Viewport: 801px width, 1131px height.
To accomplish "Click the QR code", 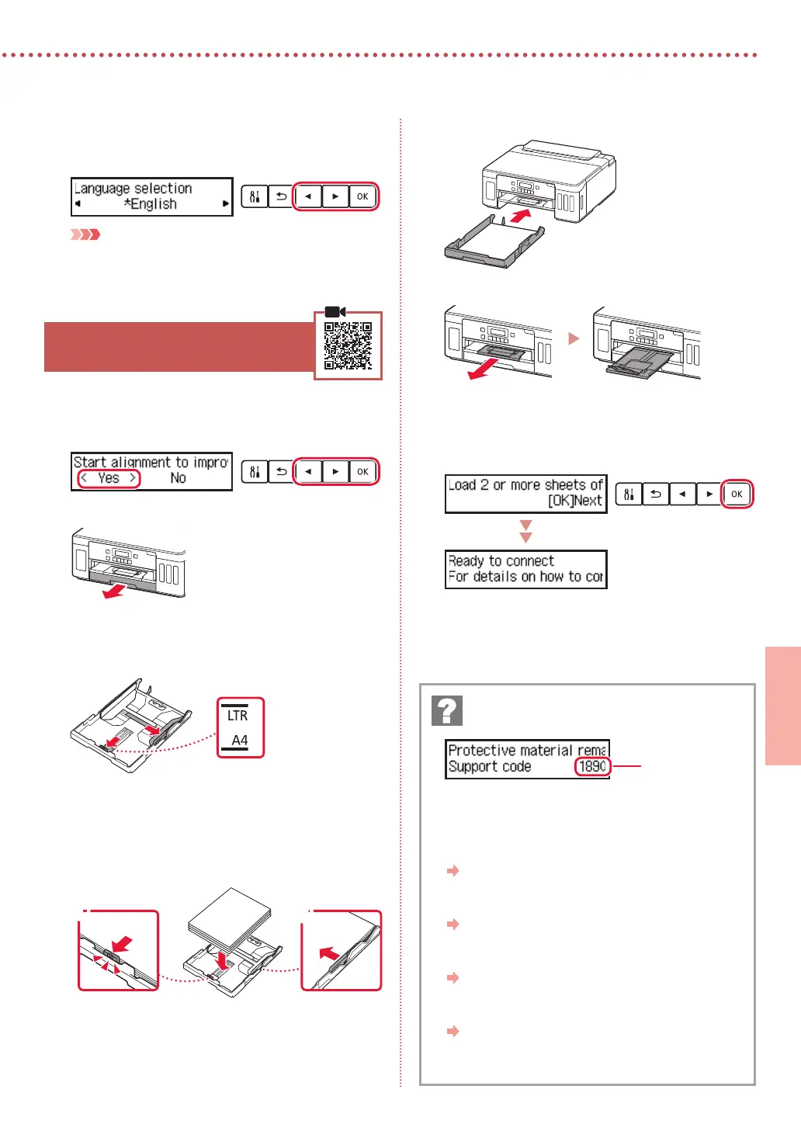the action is pyautogui.click(x=348, y=345).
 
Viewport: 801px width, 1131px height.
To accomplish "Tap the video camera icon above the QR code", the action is pyautogui.click(x=335, y=311).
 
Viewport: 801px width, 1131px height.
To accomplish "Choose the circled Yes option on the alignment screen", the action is pyautogui.click(x=109, y=478).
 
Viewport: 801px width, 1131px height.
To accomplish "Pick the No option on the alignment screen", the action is pyautogui.click(x=178, y=478).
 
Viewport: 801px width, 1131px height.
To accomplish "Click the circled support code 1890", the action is pyautogui.click(x=592, y=767).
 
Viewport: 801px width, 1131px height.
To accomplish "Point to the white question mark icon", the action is pyautogui.click(x=447, y=710).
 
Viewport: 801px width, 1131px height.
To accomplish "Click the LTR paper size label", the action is pyautogui.click(x=238, y=716).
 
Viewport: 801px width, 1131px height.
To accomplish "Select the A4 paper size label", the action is pyautogui.click(x=240, y=741).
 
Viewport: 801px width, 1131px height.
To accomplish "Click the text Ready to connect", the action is pyautogui.click(x=501, y=560).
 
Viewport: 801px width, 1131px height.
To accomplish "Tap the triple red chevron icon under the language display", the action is pyautogui.click(x=85, y=234).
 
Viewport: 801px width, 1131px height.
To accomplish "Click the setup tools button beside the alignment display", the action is pyautogui.click(x=255, y=471).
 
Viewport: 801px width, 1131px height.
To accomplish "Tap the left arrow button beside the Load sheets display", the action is pyautogui.click(x=682, y=494).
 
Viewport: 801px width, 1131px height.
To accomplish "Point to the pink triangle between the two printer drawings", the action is pyautogui.click(x=574, y=338).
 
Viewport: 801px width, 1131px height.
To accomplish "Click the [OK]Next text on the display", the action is pyautogui.click(x=574, y=501).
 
